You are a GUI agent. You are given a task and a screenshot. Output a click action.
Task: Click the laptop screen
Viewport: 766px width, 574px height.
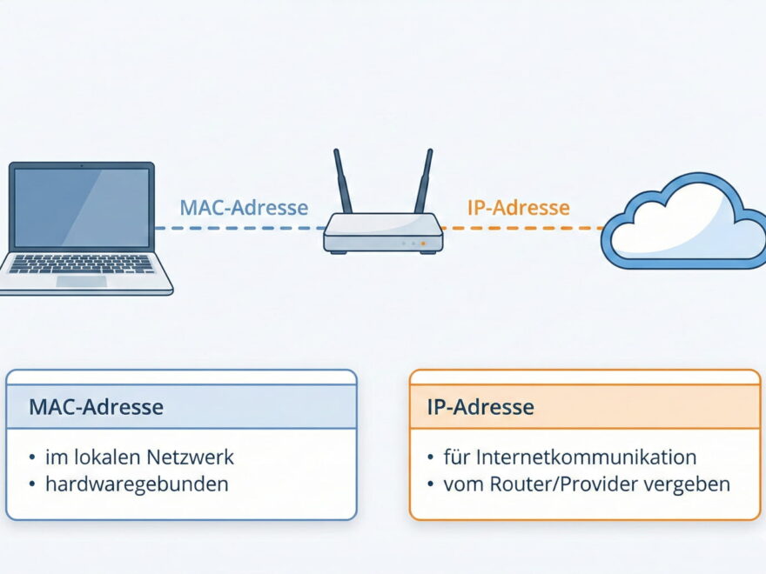81,208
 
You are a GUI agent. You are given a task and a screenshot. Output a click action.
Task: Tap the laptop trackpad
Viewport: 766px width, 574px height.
81,282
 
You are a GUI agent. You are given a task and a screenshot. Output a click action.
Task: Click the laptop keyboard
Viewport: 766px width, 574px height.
81,264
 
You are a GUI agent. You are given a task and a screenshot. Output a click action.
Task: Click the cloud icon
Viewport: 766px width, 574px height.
685,223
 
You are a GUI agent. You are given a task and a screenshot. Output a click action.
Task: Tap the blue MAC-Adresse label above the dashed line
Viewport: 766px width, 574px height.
244,208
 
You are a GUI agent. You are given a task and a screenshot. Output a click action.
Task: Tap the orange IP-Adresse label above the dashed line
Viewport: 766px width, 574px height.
519,208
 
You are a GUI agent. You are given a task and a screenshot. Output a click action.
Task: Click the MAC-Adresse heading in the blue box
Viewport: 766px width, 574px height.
96,407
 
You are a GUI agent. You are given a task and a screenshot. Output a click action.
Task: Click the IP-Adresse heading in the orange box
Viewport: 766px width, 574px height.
480,407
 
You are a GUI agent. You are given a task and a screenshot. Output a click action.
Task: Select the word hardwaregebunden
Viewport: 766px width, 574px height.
137,484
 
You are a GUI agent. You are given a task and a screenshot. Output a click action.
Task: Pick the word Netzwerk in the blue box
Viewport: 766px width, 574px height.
191,457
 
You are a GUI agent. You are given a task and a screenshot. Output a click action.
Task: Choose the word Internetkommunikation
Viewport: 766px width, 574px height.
569,457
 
